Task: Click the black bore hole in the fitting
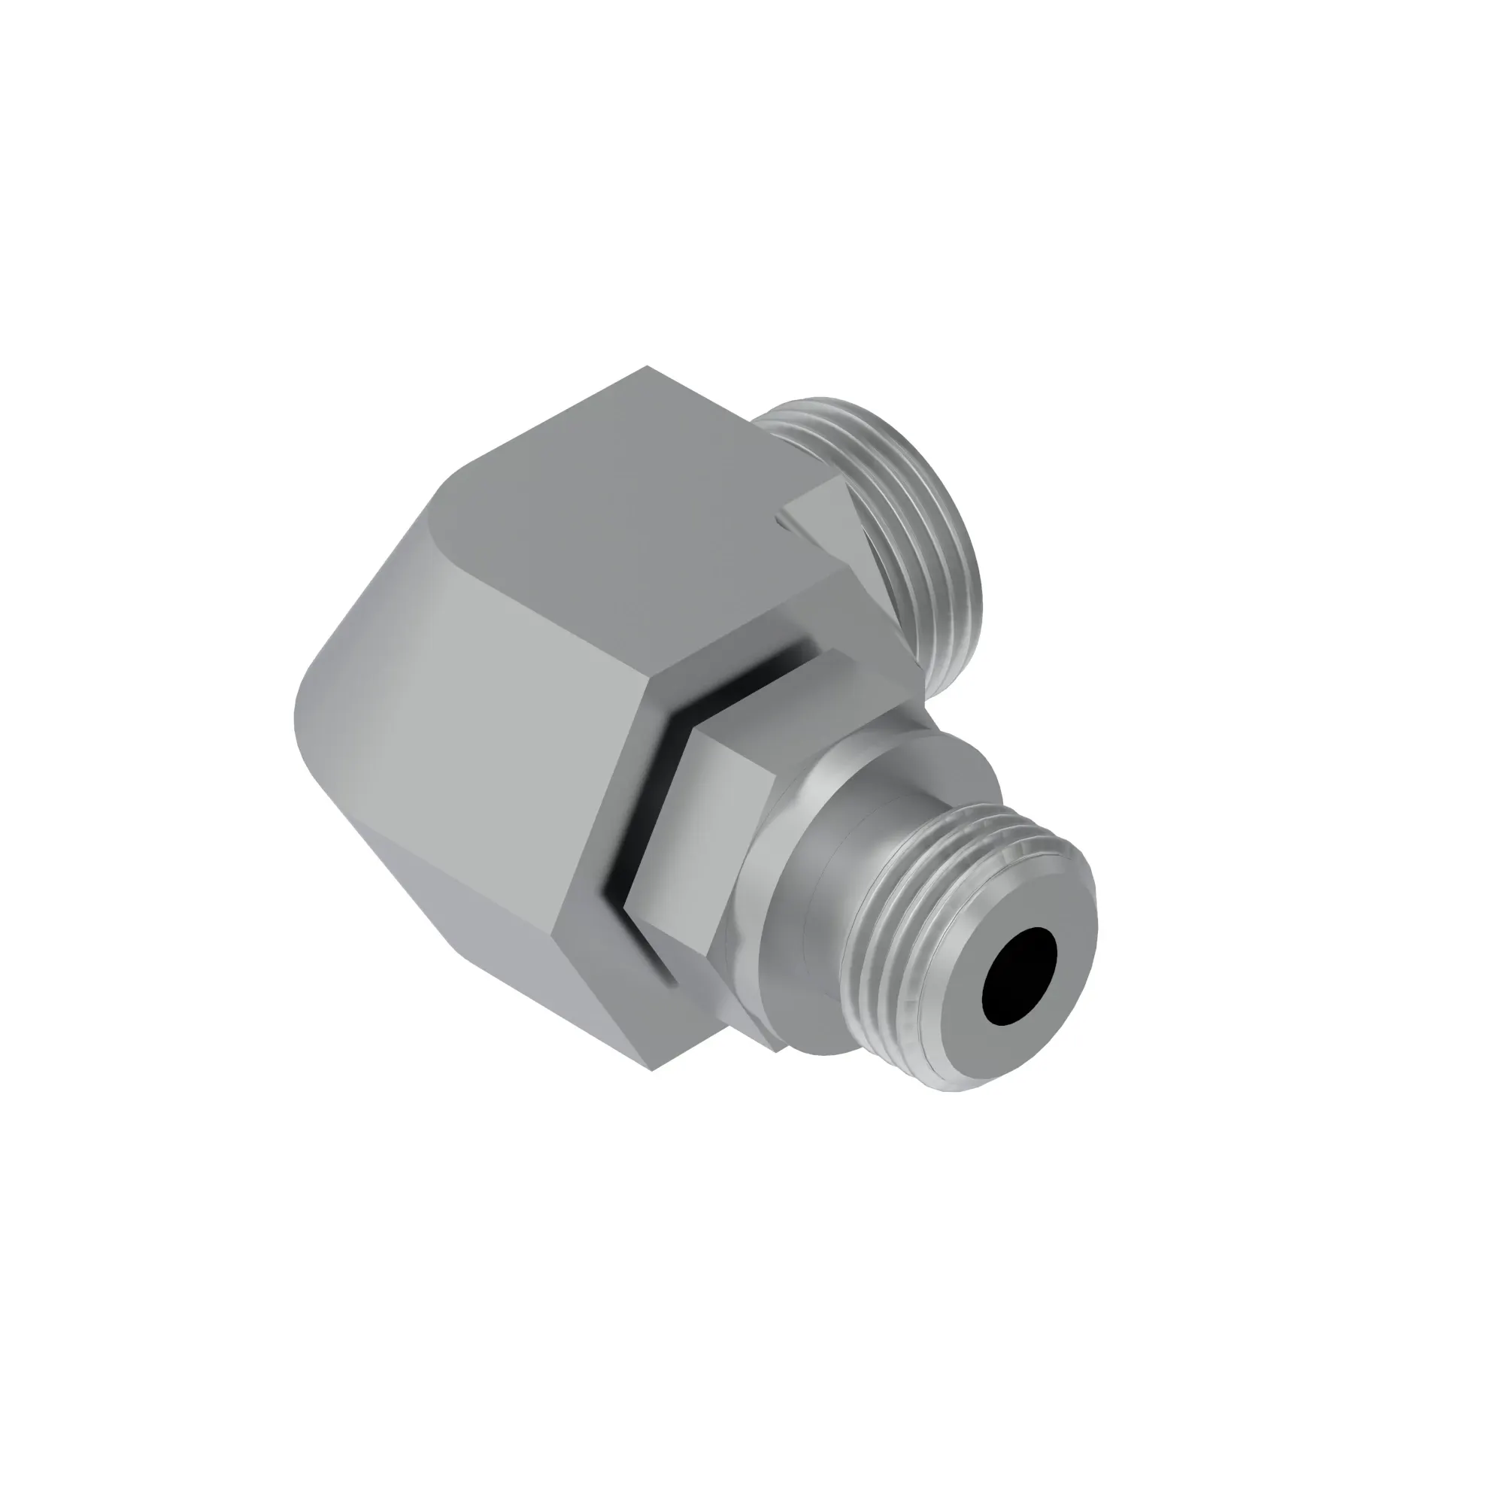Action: tap(1020, 975)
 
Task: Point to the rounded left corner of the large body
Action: tap(311, 701)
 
